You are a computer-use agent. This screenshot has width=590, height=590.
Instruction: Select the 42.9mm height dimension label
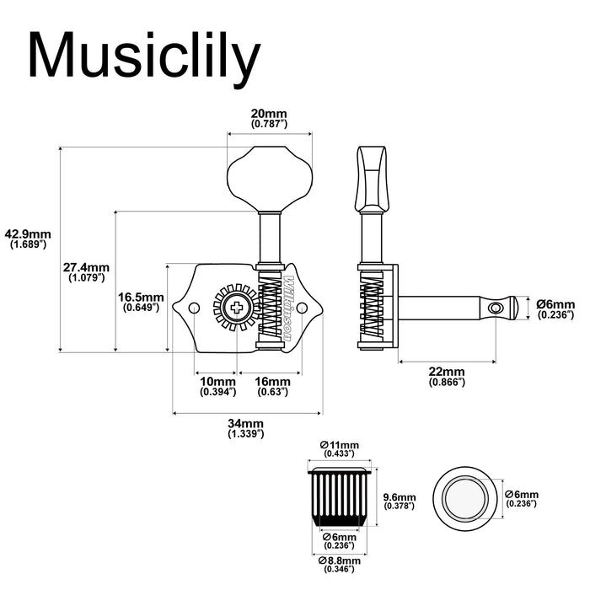(28, 239)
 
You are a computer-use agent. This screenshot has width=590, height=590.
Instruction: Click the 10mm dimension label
(216, 386)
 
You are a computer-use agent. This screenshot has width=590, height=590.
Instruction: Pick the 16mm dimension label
(271, 386)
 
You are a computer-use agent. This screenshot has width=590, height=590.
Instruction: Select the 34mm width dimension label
(245, 427)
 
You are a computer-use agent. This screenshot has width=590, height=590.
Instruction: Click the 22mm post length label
(446, 376)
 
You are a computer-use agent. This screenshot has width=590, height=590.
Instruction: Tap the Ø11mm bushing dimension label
(341, 449)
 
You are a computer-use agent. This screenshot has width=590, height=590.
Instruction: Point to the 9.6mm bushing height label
(400, 501)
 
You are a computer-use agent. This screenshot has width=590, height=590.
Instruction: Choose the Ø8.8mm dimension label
(340, 564)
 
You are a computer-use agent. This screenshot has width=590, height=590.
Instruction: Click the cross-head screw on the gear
(239, 308)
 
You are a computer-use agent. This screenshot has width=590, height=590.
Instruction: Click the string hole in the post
(497, 308)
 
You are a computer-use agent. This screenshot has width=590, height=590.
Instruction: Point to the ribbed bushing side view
(341, 496)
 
